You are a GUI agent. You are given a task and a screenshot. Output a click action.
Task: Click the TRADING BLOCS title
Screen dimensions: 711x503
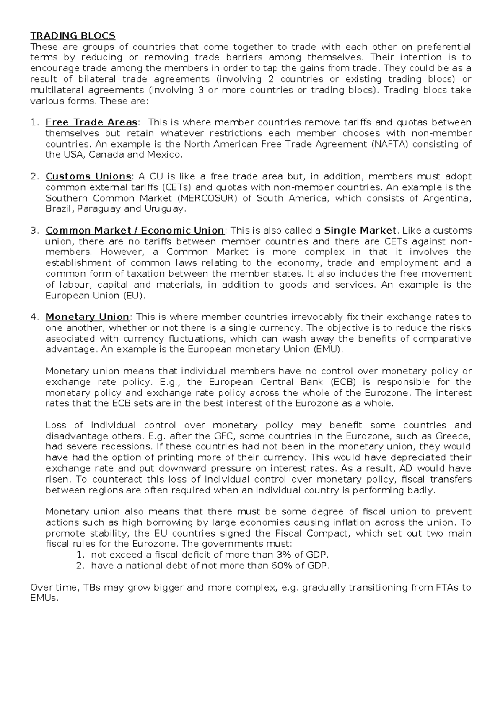click(73, 36)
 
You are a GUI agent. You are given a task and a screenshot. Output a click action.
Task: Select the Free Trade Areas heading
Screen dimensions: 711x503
click(91, 122)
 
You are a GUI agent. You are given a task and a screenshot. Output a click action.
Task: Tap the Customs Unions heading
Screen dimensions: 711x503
click(88, 176)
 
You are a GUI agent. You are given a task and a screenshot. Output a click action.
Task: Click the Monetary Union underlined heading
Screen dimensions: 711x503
click(87, 317)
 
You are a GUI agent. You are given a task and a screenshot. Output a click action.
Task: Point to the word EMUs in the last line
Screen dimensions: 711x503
click(44, 599)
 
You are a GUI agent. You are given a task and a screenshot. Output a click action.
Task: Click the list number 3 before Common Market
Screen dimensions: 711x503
click(34, 231)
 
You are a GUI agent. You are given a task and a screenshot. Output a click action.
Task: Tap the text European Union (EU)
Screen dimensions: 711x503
click(96, 296)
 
